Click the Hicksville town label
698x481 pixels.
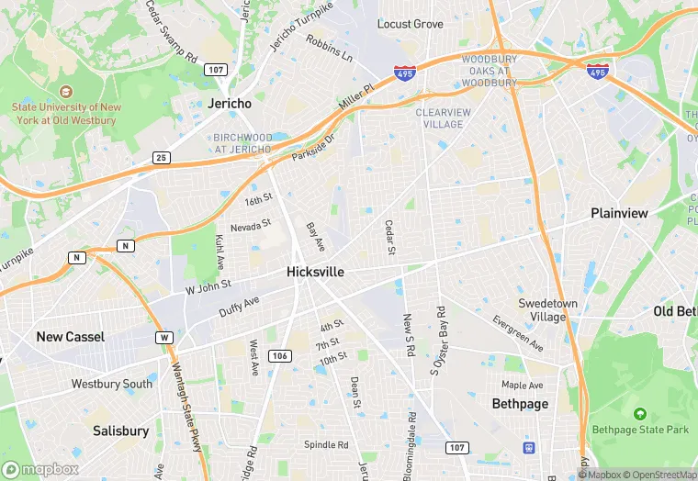click(x=315, y=272)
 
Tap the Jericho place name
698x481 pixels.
click(x=230, y=104)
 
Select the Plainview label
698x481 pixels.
click(x=619, y=213)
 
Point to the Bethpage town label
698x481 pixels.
click(x=520, y=404)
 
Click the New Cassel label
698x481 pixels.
click(x=71, y=337)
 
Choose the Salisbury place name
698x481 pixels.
click(x=120, y=431)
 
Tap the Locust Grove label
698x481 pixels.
click(x=411, y=24)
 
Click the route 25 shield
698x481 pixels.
click(x=162, y=158)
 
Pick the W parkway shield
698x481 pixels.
click(x=164, y=338)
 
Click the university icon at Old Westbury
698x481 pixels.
click(x=65, y=92)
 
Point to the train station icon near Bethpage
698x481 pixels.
click(x=529, y=448)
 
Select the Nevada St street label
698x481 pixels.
click(x=251, y=225)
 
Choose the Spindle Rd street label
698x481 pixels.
click(x=326, y=445)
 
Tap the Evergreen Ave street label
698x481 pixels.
click(x=518, y=334)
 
